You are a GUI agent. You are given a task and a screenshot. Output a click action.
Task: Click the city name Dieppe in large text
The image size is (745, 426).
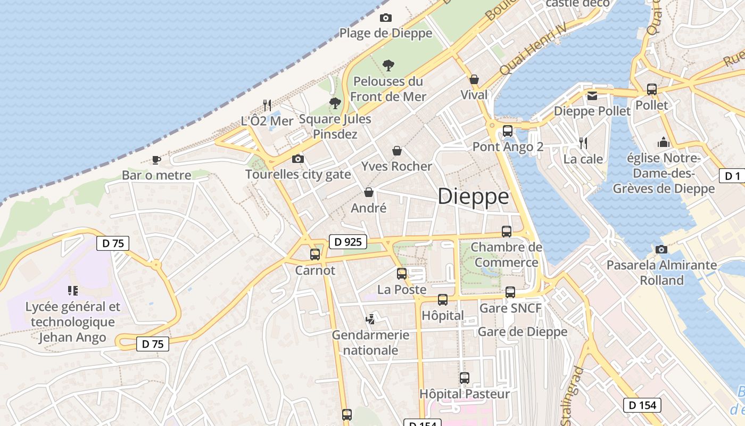pos(473,197)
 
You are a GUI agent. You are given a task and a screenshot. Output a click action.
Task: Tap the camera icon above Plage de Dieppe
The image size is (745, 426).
pos(386,18)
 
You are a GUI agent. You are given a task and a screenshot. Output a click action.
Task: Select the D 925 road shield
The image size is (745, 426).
pos(349,242)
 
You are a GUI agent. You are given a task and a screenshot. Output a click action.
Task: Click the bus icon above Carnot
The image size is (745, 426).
pos(315,255)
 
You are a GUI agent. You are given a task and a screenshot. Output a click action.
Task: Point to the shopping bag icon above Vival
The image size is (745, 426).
pos(474,79)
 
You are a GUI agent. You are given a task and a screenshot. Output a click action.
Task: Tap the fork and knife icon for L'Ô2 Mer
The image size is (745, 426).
pos(267,105)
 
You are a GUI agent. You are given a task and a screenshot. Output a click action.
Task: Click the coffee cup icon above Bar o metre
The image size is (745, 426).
pos(156,159)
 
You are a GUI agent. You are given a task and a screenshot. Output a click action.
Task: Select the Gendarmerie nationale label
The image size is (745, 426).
pos(371,342)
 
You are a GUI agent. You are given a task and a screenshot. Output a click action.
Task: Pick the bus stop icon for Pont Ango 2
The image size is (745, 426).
pos(507,131)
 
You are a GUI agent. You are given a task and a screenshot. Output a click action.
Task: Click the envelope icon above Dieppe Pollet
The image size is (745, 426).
pos(592,96)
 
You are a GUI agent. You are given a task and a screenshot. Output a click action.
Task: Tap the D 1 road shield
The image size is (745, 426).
pos(732,176)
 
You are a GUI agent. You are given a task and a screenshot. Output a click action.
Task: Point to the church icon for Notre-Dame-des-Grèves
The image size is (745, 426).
pos(663,142)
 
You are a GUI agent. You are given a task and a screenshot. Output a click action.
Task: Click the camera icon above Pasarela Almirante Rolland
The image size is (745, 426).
pos(661,249)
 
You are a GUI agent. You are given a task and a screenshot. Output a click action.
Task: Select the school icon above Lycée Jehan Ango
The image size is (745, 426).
pos(73,291)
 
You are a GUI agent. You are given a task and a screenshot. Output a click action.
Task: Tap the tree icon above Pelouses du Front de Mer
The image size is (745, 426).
pos(388,65)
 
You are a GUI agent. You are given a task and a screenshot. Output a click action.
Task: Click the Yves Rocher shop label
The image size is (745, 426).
pos(396,167)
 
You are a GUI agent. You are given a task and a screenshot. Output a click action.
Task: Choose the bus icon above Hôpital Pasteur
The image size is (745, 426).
pos(465,378)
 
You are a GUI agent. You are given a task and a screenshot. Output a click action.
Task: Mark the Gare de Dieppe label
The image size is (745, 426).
pos(523,332)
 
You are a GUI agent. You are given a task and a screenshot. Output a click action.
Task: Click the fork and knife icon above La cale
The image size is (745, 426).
pos(583,143)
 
